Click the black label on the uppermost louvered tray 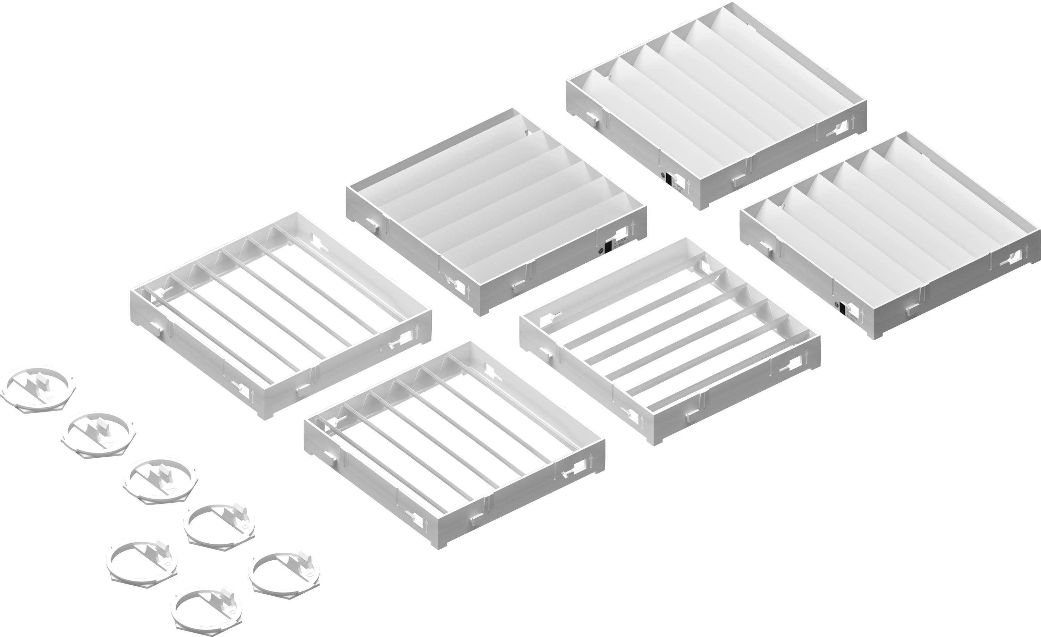pos(669,179)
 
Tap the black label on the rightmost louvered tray pos(843,309)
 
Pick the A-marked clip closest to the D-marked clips pos(161,482)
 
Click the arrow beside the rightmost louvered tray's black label pos(862,314)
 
